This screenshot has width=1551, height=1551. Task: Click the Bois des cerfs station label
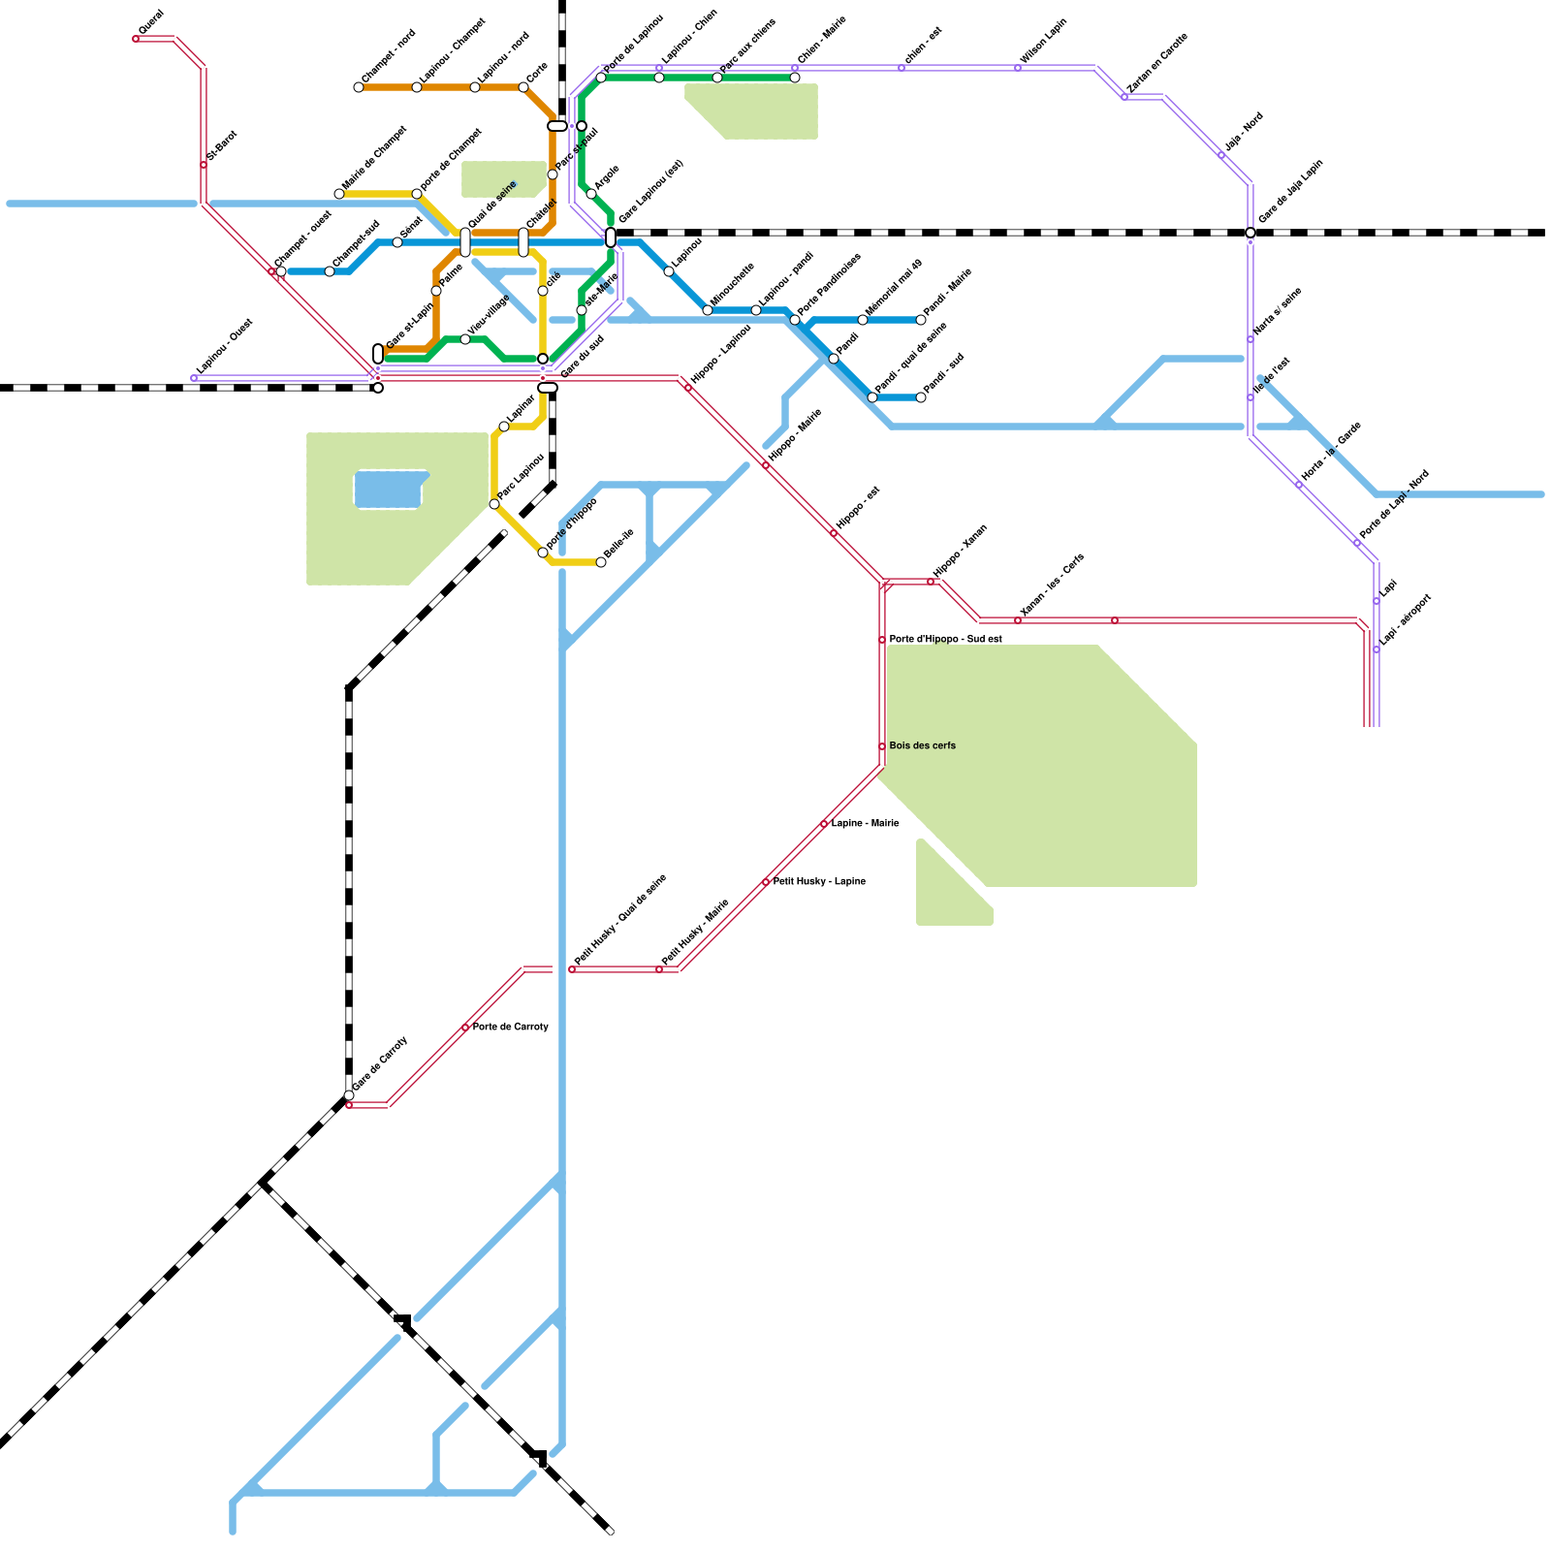click(922, 745)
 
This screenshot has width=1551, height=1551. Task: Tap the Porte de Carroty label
click(510, 1027)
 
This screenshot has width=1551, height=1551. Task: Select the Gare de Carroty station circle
click(349, 1095)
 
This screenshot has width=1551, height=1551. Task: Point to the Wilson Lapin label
click(1044, 41)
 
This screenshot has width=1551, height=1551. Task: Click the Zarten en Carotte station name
click(1157, 64)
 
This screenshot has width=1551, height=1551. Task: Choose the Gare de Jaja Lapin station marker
click(1250, 233)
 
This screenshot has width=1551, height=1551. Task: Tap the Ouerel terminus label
click(151, 22)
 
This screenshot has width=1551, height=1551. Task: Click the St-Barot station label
click(222, 144)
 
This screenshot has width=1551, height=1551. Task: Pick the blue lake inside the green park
click(389, 490)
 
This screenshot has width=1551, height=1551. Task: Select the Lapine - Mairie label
click(865, 823)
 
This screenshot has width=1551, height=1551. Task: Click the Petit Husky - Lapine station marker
click(766, 882)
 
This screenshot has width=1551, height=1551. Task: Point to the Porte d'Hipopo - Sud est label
click(945, 639)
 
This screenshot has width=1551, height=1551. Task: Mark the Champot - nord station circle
click(359, 87)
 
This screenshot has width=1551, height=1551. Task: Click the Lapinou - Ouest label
click(224, 346)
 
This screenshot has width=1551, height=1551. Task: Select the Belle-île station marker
click(601, 562)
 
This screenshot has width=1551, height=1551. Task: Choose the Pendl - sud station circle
click(921, 397)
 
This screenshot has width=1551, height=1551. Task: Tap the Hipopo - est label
click(858, 507)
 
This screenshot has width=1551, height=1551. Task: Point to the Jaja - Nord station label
click(1244, 131)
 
